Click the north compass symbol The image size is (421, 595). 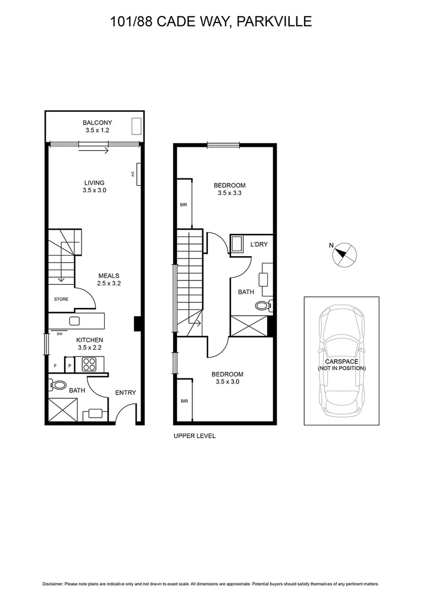coord(344,254)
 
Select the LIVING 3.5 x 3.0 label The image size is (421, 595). coord(94,186)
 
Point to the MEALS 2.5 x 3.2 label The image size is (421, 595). coord(109,279)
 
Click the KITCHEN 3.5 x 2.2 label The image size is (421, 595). coord(89,344)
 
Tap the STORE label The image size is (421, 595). coord(61,299)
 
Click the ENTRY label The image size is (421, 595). coord(125,393)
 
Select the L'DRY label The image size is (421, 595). coord(258,244)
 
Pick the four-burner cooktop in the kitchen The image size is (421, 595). coord(89,364)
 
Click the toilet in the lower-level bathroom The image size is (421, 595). coord(58,386)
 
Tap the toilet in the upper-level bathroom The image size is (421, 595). coord(262,306)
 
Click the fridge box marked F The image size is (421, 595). coord(55,365)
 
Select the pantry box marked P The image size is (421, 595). coord(70,365)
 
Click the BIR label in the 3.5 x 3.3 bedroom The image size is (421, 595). coord(183,204)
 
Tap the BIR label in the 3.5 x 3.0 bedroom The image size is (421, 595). coord(183,401)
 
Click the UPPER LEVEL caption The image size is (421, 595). coord(195,436)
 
